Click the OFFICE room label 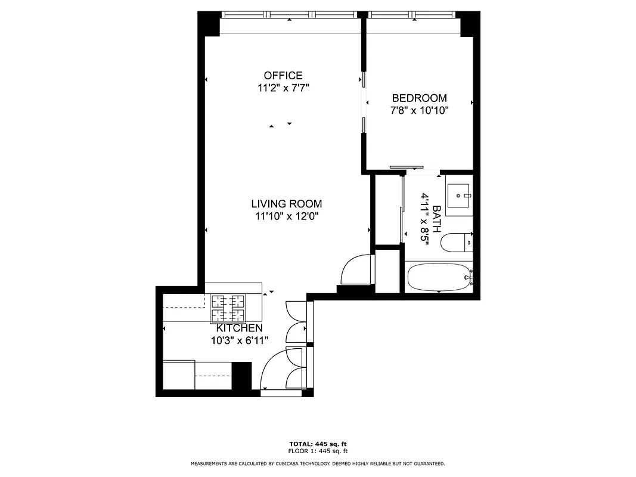tap(283, 76)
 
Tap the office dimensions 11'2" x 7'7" tap(283, 88)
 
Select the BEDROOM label tap(419, 98)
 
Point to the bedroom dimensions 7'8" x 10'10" tap(419, 110)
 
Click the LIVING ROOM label tap(286, 204)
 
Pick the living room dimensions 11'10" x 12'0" tap(286, 216)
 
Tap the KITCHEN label tap(239, 329)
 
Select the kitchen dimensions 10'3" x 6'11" tap(239, 340)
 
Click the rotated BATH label tap(436, 219)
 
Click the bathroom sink tap(459, 195)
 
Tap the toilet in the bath tap(457, 243)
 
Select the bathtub tap(439, 277)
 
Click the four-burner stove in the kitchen tap(229, 308)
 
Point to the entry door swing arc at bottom tap(274, 370)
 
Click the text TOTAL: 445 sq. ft tap(318, 444)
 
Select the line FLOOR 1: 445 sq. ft tap(318, 451)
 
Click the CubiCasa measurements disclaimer tap(318, 463)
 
